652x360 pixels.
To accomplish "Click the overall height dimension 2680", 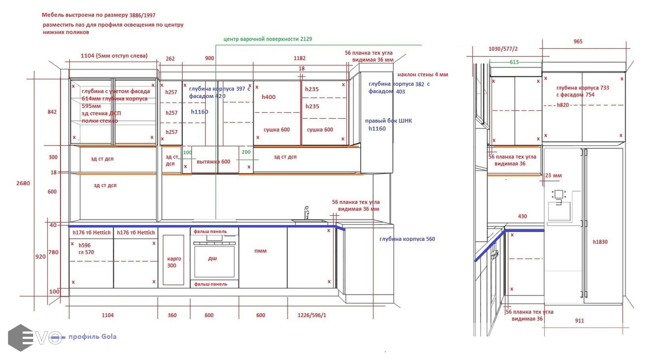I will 23,183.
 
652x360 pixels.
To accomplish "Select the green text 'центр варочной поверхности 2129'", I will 267,39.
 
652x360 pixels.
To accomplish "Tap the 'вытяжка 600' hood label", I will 213,162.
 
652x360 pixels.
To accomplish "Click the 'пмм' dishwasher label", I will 260,251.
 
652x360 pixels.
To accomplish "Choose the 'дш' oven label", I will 212,258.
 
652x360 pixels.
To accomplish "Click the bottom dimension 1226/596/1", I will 312,315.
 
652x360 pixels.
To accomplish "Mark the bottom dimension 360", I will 172,315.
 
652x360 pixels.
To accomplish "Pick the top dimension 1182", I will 299,58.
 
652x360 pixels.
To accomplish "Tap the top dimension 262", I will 170,59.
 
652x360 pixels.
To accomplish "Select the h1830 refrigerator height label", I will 600,242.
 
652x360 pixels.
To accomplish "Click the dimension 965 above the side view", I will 578,42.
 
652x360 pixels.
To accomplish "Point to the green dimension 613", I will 514,62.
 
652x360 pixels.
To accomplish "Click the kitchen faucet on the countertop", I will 306,213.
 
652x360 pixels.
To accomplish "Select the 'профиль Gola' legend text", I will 92,336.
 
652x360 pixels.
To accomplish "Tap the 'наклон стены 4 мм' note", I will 423,75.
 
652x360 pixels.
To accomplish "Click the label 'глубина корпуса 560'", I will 407,239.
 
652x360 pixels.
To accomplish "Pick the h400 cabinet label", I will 269,97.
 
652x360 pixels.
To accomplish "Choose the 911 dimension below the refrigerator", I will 579,320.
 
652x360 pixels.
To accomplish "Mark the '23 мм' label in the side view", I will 553,175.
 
